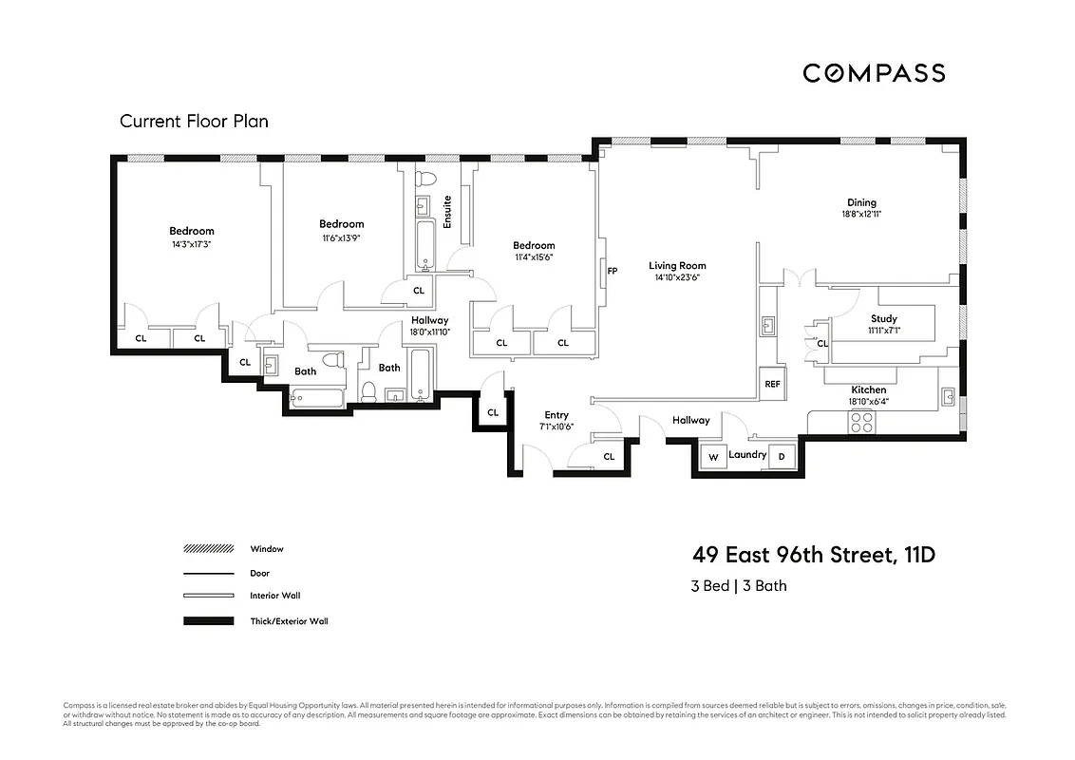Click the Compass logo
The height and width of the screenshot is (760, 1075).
[874, 73]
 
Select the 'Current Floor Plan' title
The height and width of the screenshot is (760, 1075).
[194, 122]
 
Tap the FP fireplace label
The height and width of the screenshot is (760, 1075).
[613, 272]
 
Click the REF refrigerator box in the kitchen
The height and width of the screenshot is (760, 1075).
[772, 385]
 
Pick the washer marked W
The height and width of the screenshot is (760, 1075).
[712, 457]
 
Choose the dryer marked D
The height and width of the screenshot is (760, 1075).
[783, 457]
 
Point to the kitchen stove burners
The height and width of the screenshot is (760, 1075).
[861, 422]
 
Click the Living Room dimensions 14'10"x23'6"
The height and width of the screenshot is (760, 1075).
[677, 278]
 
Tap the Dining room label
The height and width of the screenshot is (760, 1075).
[861, 202]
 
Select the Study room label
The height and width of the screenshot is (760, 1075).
[883, 319]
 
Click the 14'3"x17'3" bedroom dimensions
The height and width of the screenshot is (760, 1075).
[192, 244]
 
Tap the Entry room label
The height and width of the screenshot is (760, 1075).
[556, 415]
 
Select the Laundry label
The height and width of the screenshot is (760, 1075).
[747, 455]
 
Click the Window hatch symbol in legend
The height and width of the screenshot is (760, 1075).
[208, 549]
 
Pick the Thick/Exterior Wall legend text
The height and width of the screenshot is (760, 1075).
[289, 621]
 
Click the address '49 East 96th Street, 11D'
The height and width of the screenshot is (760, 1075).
[813, 555]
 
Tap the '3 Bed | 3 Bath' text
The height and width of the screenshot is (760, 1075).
[739, 586]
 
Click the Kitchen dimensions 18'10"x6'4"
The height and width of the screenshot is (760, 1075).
[868, 402]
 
